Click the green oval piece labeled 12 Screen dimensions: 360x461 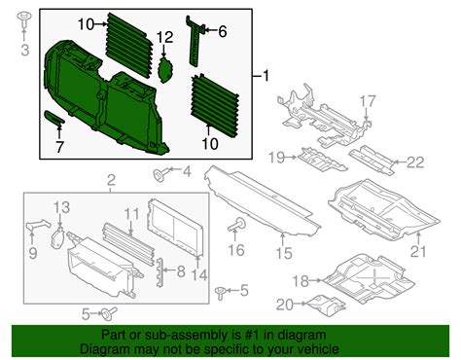(x=165, y=69)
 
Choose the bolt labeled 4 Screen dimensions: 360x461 (x=157, y=174)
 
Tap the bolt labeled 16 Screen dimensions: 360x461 (x=235, y=226)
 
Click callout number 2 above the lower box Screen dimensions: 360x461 (x=110, y=179)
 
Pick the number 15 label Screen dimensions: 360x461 (x=281, y=254)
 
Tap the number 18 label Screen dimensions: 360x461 (x=301, y=280)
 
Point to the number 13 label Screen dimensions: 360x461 (x=61, y=207)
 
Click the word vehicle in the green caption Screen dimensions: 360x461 (x=315, y=348)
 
